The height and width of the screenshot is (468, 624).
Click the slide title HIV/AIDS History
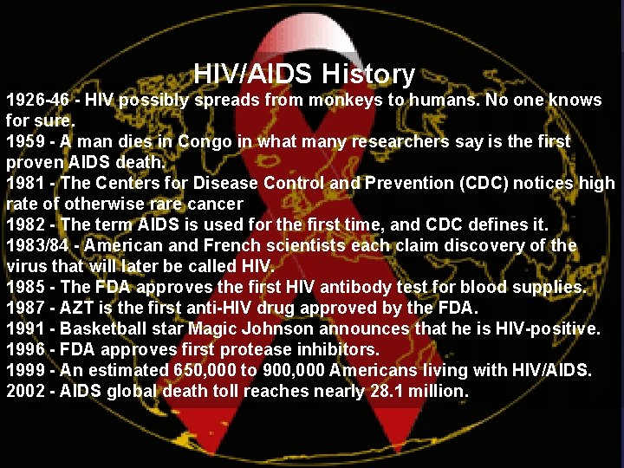(304, 74)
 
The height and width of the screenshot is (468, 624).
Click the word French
(217, 245)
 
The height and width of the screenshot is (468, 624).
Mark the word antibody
(315, 287)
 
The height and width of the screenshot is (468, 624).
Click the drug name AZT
(78, 308)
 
